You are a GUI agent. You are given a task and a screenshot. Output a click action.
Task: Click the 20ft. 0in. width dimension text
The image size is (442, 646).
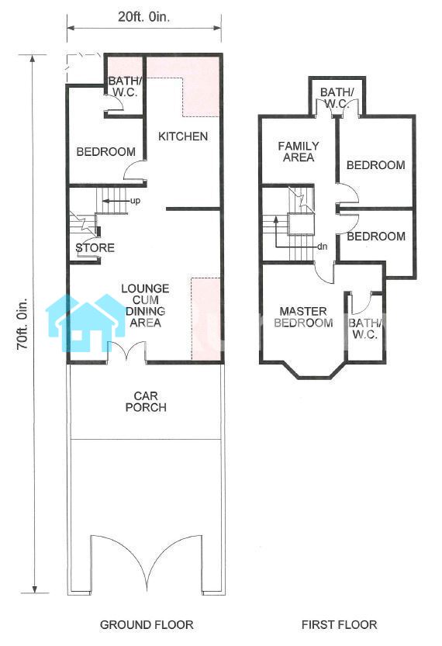click(x=143, y=17)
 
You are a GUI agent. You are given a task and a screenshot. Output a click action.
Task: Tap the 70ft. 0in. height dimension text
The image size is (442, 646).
click(x=22, y=324)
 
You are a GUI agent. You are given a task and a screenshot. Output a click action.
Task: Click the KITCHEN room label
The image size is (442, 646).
click(x=183, y=136)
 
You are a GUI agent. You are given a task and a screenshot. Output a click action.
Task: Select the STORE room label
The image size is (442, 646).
click(x=95, y=247)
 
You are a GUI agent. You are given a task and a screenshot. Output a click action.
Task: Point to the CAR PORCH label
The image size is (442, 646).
click(x=146, y=402)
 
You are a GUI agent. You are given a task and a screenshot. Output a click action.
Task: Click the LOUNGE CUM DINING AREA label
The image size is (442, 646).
click(x=146, y=306)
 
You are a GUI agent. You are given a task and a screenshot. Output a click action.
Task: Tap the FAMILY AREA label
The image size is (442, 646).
click(x=299, y=152)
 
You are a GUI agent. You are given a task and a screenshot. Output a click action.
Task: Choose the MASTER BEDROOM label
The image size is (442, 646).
click(x=303, y=317)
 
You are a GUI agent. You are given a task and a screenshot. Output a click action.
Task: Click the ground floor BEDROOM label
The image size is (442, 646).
click(x=106, y=152)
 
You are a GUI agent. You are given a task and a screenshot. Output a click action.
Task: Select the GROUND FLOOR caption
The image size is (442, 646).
click(x=147, y=625)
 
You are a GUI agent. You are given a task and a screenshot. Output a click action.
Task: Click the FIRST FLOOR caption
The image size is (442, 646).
click(x=339, y=625)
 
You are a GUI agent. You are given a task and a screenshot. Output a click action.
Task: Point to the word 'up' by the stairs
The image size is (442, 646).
click(x=135, y=201)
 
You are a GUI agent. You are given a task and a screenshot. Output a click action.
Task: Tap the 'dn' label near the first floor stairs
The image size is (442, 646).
click(x=322, y=247)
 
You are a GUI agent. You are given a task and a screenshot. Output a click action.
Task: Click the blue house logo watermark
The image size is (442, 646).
click(x=85, y=323)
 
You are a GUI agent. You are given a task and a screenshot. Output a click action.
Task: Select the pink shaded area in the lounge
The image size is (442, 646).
click(x=205, y=319)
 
